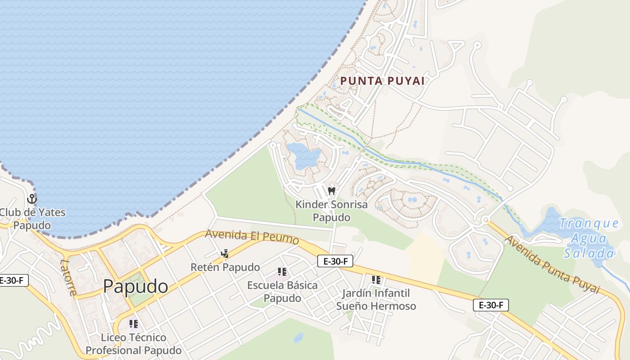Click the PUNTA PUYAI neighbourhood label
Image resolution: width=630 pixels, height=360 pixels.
click(x=382, y=81)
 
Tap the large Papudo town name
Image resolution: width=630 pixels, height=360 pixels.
click(x=135, y=286)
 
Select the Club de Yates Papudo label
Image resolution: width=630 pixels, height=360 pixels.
click(x=32, y=218)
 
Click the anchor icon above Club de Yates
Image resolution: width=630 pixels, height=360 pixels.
click(x=32, y=198)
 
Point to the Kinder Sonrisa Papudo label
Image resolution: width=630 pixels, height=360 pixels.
click(x=331, y=211)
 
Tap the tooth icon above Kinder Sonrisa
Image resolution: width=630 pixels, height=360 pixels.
click(x=332, y=191)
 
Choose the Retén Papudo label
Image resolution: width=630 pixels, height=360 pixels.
click(x=225, y=267)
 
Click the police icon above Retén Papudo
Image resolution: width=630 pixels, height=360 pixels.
click(x=225, y=254)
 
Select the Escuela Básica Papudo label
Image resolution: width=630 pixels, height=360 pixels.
click(x=282, y=291)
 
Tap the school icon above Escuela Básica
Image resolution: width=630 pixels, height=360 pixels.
click(x=282, y=272)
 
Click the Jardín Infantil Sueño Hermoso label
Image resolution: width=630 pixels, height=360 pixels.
click(x=376, y=300)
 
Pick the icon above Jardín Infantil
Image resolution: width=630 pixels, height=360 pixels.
click(x=376, y=280)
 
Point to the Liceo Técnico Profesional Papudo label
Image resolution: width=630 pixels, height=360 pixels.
click(x=134, y=343)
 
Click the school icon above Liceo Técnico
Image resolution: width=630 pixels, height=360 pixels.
click(x=133, y=324)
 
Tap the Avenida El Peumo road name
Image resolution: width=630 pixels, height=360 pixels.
click(x=252, y=237)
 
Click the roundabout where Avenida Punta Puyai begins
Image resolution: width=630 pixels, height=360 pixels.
click(x=486, y=220)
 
